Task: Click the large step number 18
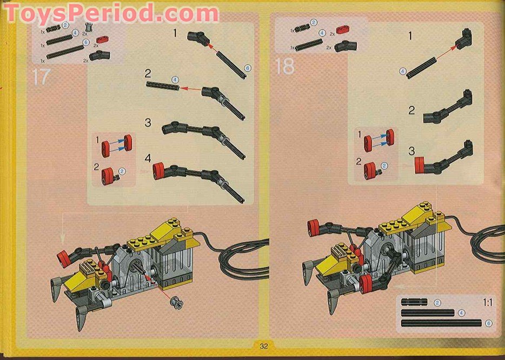pyautogui.click(x=284, y=66)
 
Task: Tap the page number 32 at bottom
pyautogui.click(x=264, y=346)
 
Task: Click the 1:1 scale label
pyautogui.click(x=487, y=303)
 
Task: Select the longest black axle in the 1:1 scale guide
pyautogui.click(x=441, y=323)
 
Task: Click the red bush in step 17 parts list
pyautogui.click(x=102, y=39)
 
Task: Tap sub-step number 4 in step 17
pyautogui.click(x=148, y=158)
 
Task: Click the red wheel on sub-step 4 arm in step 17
pyautogui.click(x=159, y=170)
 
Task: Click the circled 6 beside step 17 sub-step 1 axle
pyautogui.click(x=247, y=68)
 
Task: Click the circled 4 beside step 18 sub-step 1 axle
pyautogui.click(x=403, y=71)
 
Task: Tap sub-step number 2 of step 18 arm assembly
pyautogui.click(x=412, y=110)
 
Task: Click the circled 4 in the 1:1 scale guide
pyautogui.click(x=461, y=312)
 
